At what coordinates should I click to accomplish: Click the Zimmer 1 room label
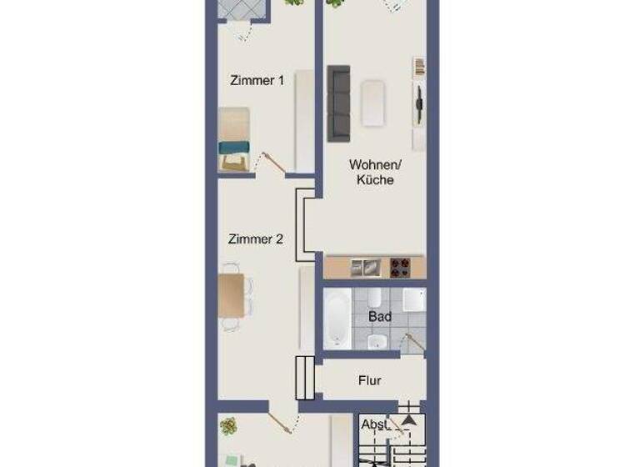[257, 81]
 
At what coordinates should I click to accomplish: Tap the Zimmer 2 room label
[256, 239]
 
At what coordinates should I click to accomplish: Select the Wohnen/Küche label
[371, 172]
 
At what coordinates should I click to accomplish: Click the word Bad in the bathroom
[379, 317]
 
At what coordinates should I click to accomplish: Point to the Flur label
[369, 380]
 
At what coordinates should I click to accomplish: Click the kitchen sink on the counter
[363, 268]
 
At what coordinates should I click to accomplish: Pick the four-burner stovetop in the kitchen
[401, 268]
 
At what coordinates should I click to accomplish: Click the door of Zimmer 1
[270, 161]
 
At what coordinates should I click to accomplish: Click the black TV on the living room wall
[419, 103]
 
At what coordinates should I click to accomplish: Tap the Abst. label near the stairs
[375, 424]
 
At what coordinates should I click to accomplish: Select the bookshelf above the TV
[419, 68]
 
